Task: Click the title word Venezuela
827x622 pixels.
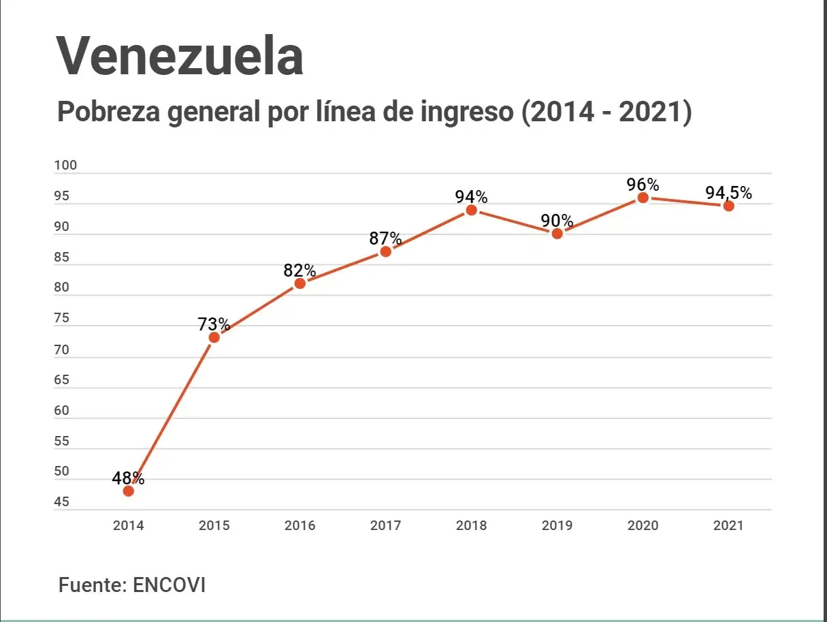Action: pyautogui.click(x=180, y=56)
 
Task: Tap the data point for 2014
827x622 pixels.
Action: pyautogui.click(x=129, y=491)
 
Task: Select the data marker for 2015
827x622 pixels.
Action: pyautogui.click(x=214, y=337)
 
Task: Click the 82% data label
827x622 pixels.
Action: pyautogui.click(x=300, y=270)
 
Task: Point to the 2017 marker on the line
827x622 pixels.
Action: pyautogui.click(x=386, y=251)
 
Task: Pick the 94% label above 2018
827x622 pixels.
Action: pyautogui.click(x=472, y=197)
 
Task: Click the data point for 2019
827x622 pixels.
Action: pyautogui.click(x=557, y=234)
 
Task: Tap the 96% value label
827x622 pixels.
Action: pyautogui.click(x=643, y=185)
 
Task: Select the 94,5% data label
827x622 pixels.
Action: pyautogui.click(x=728, y=193)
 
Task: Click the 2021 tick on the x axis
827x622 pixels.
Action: pyautogui.click(x=728, y=526)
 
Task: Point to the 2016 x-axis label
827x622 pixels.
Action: pyautogui.click(x=300, y=526)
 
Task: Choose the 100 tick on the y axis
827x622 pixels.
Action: pyautogui.click(x=66, y=166)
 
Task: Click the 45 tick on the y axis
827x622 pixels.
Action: pyautogui.click(x=62, y=503)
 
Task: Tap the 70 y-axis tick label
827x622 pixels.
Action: pyautogui.click(x=62, y=350)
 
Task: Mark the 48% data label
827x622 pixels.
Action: pyautogui.click(x=129, y=478)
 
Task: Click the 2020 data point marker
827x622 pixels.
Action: pyautogui.click(x=643, y=198)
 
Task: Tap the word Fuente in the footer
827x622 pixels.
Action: pyautogui.click(x=88, y=585)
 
